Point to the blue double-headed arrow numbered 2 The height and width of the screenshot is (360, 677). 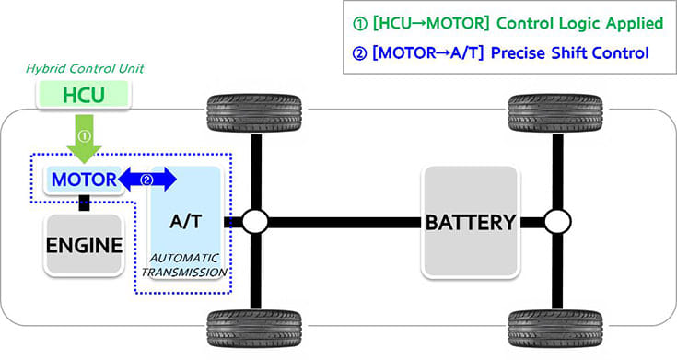tap(148, 180)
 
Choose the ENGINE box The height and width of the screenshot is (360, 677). tap(84, 245)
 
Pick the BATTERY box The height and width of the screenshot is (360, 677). tap(469, 222)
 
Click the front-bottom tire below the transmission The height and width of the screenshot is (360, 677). tap(254, 328)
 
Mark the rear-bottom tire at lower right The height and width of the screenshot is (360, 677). tap(556, 328)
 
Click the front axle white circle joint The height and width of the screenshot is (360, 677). tap(254, 222)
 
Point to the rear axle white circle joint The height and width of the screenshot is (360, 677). tap(556, 222)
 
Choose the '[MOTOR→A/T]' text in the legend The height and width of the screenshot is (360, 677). tap(425, 54)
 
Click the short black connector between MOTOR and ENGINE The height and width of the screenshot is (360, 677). tap(84, 203)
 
